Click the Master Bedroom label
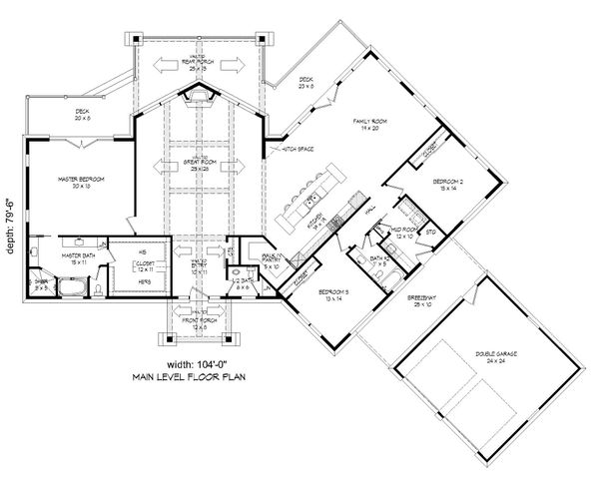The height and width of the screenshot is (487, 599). click(x=81, y=179)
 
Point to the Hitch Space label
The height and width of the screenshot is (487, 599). click(x=299, y=149)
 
